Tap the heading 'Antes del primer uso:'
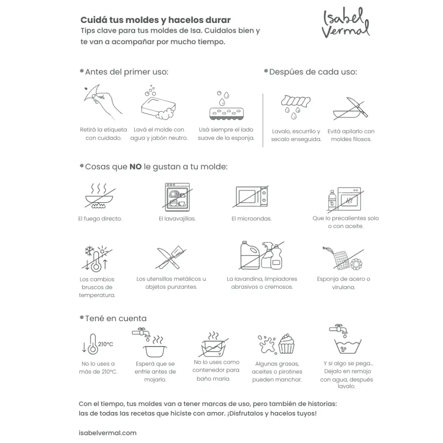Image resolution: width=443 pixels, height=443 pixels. tap(126, 72)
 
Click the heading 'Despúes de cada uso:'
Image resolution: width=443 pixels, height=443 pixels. tap(313, 72)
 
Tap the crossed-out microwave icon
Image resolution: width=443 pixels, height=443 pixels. tap(252, 196)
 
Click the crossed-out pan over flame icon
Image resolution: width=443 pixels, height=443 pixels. tap(100, 196)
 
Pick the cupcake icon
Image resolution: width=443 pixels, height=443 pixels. tap(287, 343)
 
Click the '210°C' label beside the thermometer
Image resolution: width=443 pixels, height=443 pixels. tap(105, 344)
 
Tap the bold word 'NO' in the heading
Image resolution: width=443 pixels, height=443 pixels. tap(135, 167)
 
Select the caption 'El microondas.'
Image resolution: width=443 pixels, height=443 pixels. tap(251, 219)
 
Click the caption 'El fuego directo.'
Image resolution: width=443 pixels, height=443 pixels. tap(100, 219)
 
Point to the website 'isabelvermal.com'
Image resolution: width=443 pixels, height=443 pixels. tap(107, 433)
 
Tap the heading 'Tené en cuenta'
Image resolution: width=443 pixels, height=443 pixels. tap(115, 318)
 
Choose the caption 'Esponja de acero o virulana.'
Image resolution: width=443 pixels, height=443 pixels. tap(343, 283)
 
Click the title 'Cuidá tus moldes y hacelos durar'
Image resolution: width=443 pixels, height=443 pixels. tap(155, 20)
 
